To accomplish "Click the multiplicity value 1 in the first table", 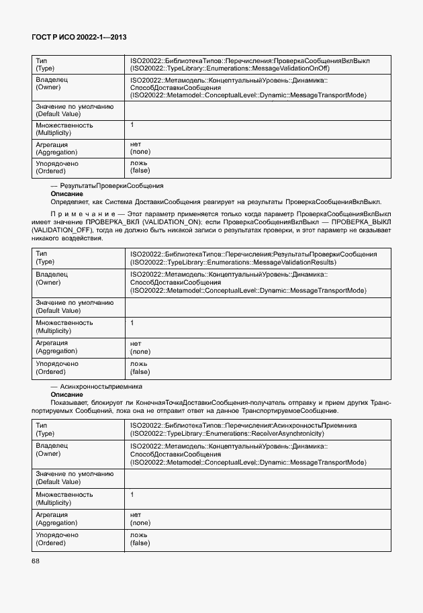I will click(132, 125).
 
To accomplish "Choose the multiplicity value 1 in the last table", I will click(132, 494).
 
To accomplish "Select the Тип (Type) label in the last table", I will click(48, 430).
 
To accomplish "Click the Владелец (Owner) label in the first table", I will click(52, 83).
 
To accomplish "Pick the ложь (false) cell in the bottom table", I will click(140, 538).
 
